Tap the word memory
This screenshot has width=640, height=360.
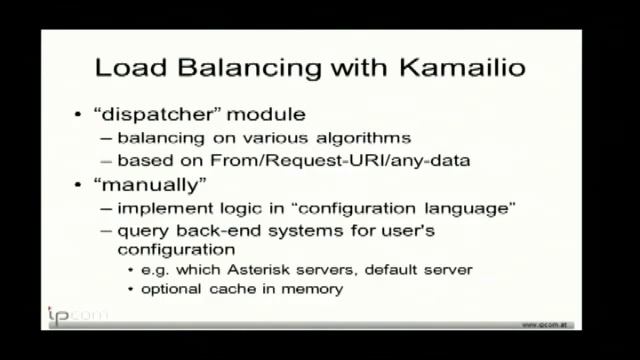pyautogui.click(x=319, y=290)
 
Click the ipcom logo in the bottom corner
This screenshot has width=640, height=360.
pyautogui.click(x=72, y=316)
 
